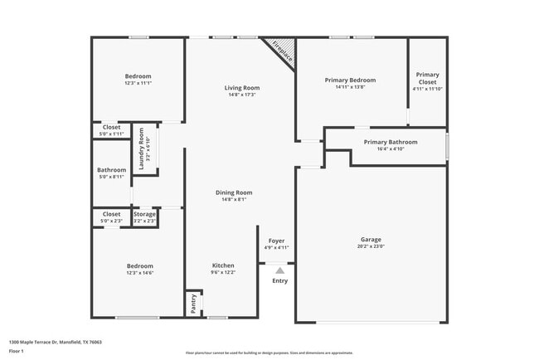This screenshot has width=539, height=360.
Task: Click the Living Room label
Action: tap(241, 88)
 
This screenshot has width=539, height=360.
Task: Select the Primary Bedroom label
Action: tap(350, 80)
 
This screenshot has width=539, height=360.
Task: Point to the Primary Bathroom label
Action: tap(391, 142)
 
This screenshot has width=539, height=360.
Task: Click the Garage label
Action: tap(371, 240)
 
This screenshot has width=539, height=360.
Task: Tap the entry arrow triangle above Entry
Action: tap(280, 270)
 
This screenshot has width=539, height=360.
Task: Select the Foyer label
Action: tap(276, 241)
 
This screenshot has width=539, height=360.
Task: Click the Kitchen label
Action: tap(222, 265)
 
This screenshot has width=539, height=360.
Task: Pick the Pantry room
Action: tap(192, 304)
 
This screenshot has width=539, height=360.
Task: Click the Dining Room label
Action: tap(233, 192)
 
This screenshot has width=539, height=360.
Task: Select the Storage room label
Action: tap(144, 214)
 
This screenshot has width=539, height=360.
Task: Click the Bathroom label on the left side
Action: tap(111, 170)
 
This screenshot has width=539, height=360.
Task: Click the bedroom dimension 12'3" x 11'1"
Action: tap(138, 83)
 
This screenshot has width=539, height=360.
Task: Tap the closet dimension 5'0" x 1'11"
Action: tap(111, 134)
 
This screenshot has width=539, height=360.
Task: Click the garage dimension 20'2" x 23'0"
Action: tap(371, 246)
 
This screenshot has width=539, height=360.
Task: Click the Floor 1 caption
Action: tap(17, 351)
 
